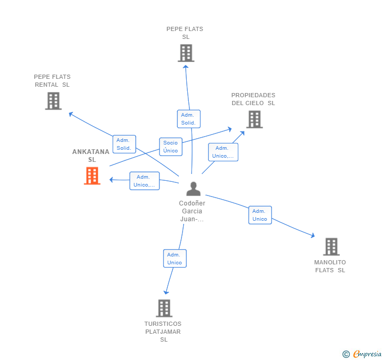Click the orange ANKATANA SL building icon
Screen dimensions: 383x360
(92, 176)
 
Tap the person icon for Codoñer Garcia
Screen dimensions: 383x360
(194, 189)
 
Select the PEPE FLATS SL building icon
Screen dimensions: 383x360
(186, 53)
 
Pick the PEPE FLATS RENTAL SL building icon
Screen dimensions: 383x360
(53, 101)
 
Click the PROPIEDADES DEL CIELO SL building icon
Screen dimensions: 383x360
(255, 119)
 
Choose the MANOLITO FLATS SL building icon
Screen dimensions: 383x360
(331, 246)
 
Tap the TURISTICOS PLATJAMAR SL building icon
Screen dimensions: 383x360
(164, 308)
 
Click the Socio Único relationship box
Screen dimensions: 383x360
(171, 147)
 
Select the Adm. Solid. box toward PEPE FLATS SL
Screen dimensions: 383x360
(188, 119)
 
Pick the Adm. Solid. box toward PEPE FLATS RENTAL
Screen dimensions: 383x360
(124, 144)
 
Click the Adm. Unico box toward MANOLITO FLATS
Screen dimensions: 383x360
(260, 215)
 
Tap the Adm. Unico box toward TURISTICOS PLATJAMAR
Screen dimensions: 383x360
(175, 259)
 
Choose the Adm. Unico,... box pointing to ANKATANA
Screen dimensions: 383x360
(144, 181)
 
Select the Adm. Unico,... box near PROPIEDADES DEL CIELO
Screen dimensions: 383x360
(223, 152)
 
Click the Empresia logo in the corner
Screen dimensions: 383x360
(362, 354)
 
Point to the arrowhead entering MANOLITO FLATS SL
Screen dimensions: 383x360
(313, 235)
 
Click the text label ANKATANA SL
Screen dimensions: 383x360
(91, 156)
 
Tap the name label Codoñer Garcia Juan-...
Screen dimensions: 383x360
(192, 211)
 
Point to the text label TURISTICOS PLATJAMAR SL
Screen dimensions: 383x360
(163, 332)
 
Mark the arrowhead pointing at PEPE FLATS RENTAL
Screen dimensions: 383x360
(70, 114)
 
